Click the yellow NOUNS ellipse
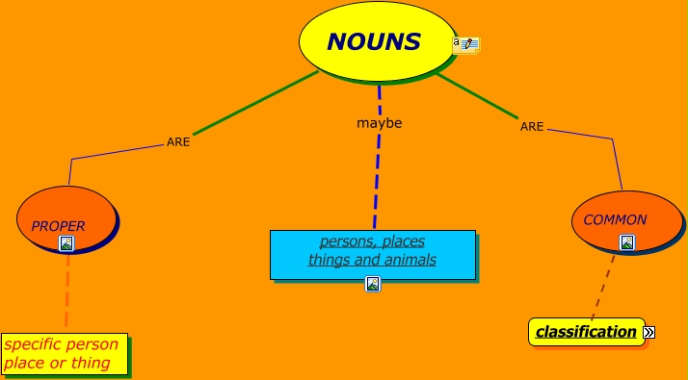click(x=376, y=41)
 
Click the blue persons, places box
click(x=372, y=252)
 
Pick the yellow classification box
click(x=586, y=332)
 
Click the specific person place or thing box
click(x=64, y=354)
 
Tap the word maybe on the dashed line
click(x=379, y=123)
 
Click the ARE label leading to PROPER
click(x=178, y=141)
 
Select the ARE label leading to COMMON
click(x=532, y=126)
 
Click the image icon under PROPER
click(x=66, y=243)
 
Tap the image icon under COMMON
click(x=627, y=242)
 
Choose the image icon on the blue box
click(x=373, y=283)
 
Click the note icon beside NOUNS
click(x=466, y=44)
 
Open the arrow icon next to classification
click(x=649, y=332)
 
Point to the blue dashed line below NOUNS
click(x=377, y=173)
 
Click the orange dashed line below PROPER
click(x=67, y=293)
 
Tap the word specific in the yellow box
click(x=36, y=344)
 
